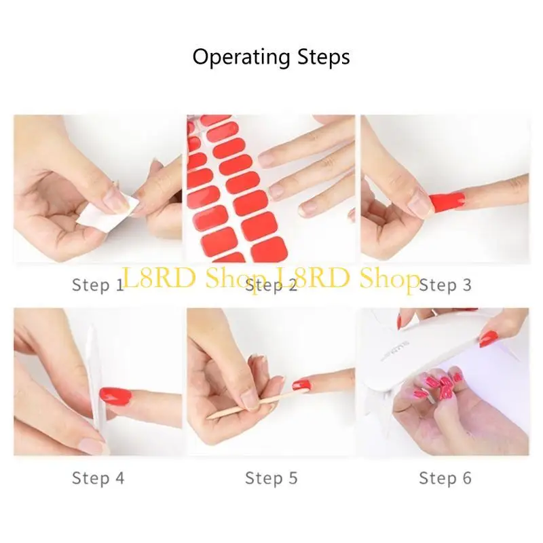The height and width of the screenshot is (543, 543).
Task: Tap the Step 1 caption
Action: tap(98, 284)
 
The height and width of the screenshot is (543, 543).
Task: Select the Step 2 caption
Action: tap(271, 286)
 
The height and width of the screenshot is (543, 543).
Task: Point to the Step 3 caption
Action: tap(445, 284)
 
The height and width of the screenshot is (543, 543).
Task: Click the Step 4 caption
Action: tap(98, 478)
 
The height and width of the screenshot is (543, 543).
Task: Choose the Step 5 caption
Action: tap(271, 478)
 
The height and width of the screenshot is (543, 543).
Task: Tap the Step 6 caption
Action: tap(445, 478)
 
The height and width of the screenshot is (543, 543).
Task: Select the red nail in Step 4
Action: tap(117, 394)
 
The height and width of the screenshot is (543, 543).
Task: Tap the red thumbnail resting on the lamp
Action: tap(489, 337)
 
